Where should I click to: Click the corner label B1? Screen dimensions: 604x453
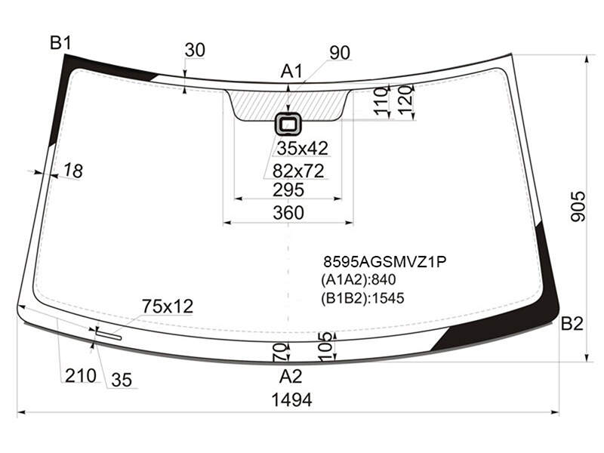click(x=61, y=43)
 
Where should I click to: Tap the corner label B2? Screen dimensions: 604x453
click(x=572, y=324)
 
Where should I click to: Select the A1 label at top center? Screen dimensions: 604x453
click(x=291, y=72)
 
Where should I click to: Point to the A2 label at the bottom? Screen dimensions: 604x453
click(x=291, y=376)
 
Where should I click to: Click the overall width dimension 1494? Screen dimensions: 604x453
click(x=291, y=400)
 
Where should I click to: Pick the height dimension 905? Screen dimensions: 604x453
click(x=578, y=206)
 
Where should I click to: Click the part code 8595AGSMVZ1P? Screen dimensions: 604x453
click(x=385, y=262)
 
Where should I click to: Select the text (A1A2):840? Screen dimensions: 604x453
click(x=358, y=279)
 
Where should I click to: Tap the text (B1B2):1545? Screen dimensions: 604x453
click(x=362, y=298)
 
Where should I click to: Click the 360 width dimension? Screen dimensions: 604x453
click(x=288, y=213)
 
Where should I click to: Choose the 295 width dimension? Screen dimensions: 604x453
click(x=288, y=190)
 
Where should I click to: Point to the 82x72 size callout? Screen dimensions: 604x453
click(x=298, y=171)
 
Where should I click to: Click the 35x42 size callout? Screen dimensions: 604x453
click(x=303, y=148)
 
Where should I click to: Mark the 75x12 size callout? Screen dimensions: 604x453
click(x=168, y=307)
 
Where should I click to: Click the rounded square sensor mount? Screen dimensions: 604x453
click(x=288, y=125)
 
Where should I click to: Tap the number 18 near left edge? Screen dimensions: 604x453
click(x=73, y=171)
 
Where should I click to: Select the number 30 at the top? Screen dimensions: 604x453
click(x=195, y=50)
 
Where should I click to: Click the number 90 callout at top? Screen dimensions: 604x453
click(x=340, y=53)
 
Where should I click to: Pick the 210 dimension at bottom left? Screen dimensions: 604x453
click(x=81, y=376)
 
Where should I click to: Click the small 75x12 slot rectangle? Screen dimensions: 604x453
click(x=109, y=335)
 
